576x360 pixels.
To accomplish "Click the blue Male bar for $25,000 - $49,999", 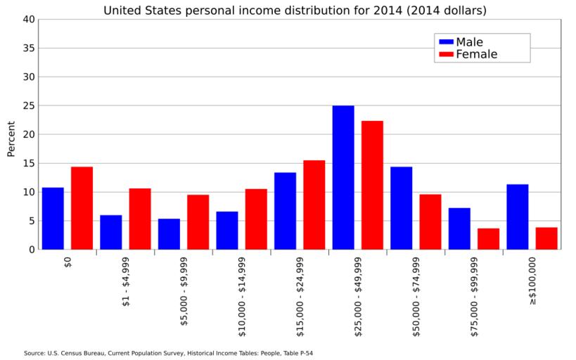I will coord(343,177).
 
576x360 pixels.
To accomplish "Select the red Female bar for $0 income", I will coord(82,208).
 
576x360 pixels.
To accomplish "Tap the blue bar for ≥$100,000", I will coord(518,217).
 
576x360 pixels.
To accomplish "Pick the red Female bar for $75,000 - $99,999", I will coord(488,239).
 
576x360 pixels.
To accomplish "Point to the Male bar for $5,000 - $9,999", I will coord(169,234).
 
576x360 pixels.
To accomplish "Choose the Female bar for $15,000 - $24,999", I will coord(314,205).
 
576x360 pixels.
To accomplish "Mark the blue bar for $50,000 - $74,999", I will coord(401,208).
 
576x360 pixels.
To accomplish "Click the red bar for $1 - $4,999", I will coord(140,219).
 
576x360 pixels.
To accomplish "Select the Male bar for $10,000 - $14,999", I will coord(227,231).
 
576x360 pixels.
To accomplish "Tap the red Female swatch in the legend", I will coord(446,54).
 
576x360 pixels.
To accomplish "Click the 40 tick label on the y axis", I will coord(29,20).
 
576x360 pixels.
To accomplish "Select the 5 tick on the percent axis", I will coord(32,221).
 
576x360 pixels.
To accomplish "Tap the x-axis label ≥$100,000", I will coord(532,281).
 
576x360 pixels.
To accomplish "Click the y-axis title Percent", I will coord(11,139).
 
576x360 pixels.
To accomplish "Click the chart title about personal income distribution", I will coord(295,11).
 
